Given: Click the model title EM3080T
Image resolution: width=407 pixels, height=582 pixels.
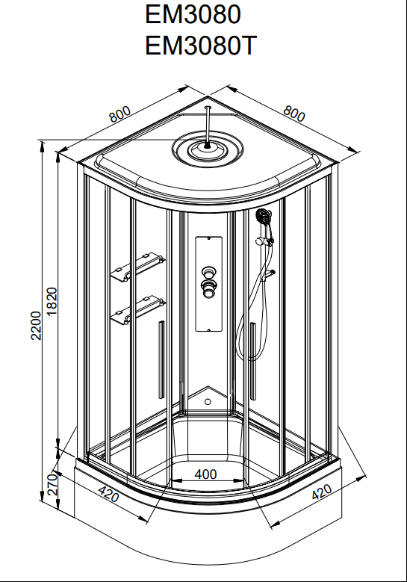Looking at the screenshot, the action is click(x=201, y=46).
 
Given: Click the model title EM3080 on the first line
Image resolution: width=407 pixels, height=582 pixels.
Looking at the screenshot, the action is click(x=193, y=14).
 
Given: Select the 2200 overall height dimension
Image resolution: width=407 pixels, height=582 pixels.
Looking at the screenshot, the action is click(x=36, y=326).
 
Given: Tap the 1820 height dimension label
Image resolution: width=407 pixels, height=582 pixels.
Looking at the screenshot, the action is click(x=52, y=301).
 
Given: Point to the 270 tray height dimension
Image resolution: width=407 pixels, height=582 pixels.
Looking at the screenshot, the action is click(x=52, y=484).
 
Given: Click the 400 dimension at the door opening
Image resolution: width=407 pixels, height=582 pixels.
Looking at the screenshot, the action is click(x=205, y=474).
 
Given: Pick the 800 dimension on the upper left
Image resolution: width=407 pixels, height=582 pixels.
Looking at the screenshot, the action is click(x=119, y=114).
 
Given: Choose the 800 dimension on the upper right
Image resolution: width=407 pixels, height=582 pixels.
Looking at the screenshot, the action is click(x=293, y=114).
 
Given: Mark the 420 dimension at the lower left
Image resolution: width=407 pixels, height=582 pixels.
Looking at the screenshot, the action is click(x=109, y=494).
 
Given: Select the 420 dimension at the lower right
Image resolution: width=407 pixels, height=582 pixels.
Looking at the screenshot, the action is click(x=322, y=492).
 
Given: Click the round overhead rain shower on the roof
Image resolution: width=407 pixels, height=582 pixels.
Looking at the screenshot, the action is click(x=208, y=148).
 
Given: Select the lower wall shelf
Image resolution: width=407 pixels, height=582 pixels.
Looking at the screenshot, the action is click(x=137, y=309).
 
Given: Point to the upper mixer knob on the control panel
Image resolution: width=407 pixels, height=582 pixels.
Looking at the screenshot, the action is click(x=209, y=272).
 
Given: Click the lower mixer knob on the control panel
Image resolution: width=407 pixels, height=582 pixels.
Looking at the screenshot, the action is click(x=209, y=288).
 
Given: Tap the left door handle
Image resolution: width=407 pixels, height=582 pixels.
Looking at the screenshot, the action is click(x=161, y=359).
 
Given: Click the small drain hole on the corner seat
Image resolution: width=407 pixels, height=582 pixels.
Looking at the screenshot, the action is click(x=208, y=402).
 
